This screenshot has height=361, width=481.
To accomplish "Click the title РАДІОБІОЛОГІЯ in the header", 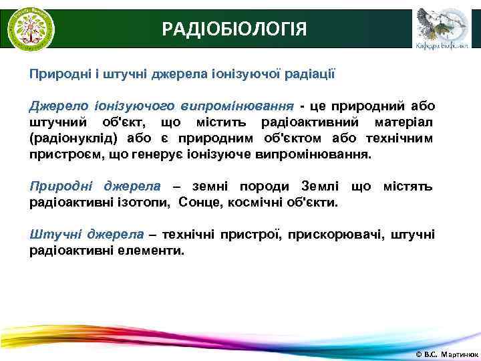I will tap(235, 29).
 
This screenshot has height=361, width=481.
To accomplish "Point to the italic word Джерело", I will tap(53, 106).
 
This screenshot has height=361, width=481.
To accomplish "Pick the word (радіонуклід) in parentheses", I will tap(73, 138).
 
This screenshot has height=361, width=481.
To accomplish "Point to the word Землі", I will tap(320, 185).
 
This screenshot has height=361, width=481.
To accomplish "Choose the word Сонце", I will tap(198, 201).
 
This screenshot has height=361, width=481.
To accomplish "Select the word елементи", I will tap(150, 250).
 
